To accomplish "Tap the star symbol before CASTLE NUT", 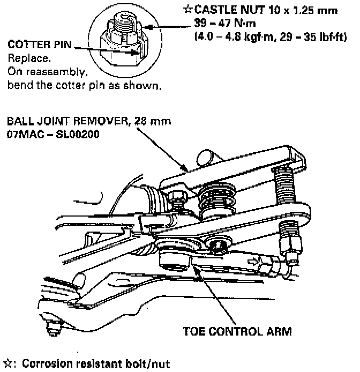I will coord(188,10).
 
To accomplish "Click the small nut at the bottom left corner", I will coord(53,325).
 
